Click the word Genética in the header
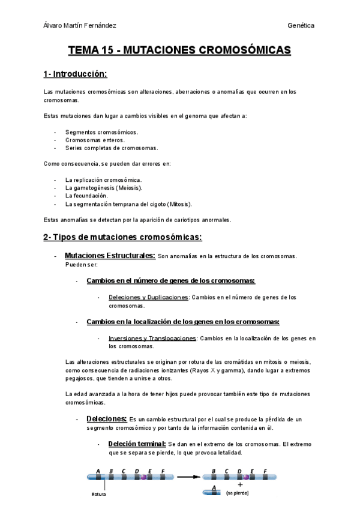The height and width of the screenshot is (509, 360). coord(301,26)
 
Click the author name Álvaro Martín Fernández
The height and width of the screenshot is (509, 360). coord(80,26)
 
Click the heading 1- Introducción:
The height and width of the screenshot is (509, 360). coord(75,74)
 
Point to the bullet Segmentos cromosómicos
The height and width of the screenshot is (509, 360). coord(101,132)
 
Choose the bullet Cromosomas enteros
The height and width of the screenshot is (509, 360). coord(95,140)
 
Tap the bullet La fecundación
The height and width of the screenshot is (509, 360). coord(86,196)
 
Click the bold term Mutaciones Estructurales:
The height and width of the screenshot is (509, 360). coord(110,256)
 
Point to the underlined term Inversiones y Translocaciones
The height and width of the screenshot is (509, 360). coord(152,339)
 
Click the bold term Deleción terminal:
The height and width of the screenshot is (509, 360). coord(137,444)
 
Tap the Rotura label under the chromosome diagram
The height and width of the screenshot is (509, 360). coord(98,495)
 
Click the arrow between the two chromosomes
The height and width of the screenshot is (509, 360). coord(187,478)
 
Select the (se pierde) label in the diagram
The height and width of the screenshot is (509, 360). coord(237,492)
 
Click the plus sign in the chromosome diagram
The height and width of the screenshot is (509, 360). coord(240,484)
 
